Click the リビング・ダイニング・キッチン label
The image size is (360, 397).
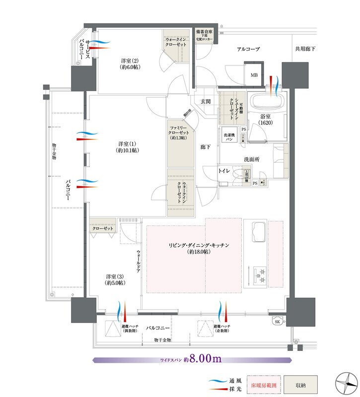click(x=205, y=249)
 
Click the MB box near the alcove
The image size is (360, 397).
click(x=254, y=75)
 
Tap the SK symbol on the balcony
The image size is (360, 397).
click(x=276, y=322)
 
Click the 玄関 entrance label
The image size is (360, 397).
click(x=206, y=101)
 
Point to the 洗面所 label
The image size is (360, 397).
click(x=252, y=159)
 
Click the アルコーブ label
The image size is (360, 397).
click(x=248, y=49)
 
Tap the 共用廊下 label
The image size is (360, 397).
click(x=306, y=49)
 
